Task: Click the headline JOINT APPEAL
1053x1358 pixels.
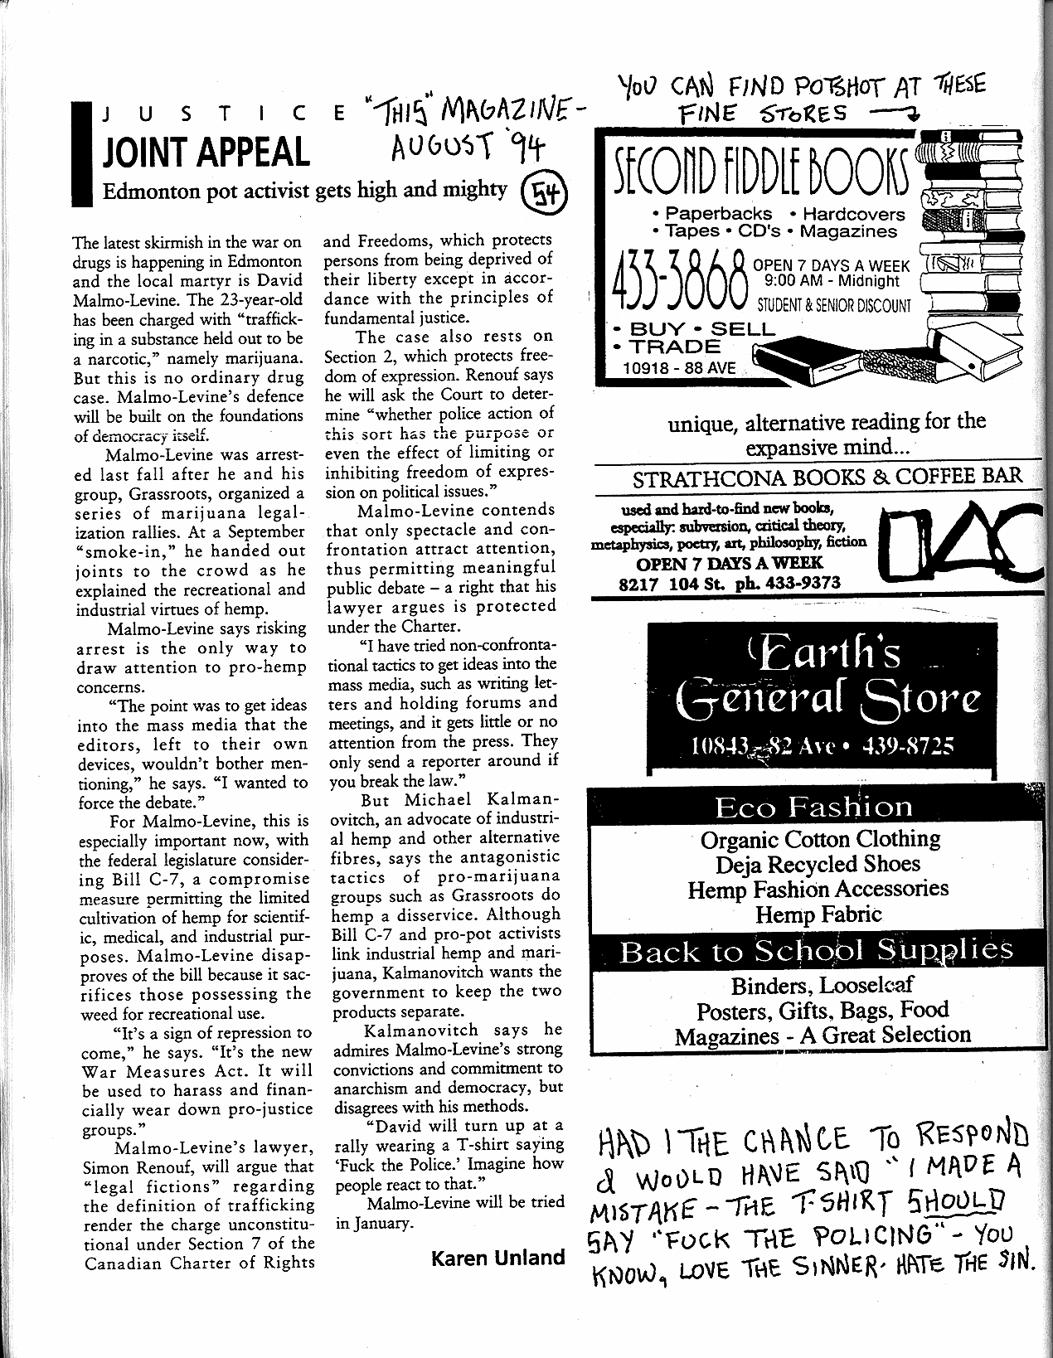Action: (205, 153)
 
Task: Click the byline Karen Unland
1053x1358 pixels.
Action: (497, 1258)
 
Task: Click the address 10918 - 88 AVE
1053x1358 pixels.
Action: (680, 367)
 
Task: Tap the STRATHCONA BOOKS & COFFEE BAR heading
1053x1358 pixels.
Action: (827, 478)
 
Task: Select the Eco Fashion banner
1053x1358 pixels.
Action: (813, 807)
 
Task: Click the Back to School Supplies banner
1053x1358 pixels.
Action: (816, 950)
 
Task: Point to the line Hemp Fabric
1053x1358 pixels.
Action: (818, 914)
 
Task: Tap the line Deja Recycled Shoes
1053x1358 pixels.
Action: (818, 864)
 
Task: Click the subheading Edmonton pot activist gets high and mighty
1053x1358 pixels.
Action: (304, 191)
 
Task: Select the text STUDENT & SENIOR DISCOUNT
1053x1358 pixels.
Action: (833, 306)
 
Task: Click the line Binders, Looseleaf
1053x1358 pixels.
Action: (822, 986)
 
